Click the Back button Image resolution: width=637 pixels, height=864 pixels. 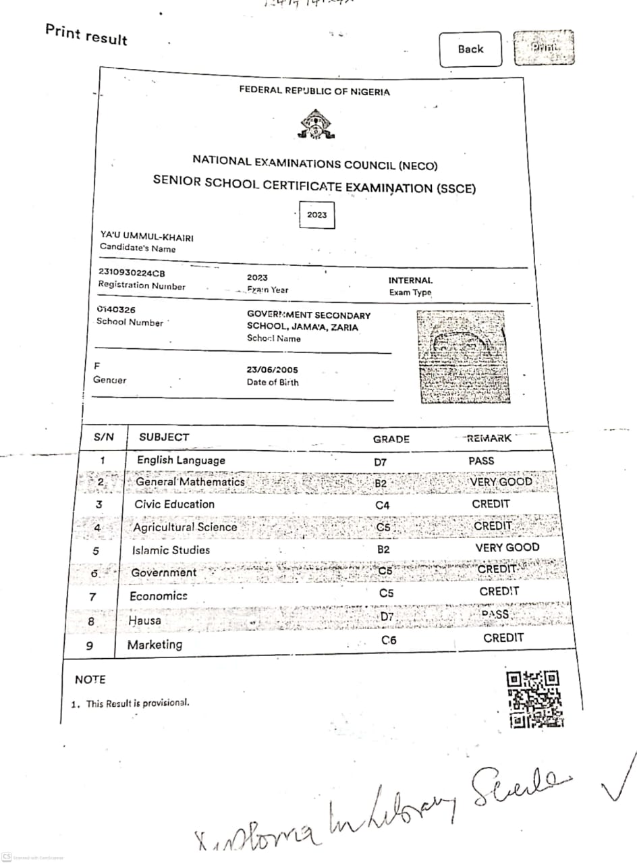click(x=470, y=49)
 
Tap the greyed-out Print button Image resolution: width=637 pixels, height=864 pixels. click(x=544, y=47)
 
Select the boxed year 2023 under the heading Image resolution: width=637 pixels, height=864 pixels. click(x=316, y=215)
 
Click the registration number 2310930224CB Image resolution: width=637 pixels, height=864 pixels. click(x=131, y=273)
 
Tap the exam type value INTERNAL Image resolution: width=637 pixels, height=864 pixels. click(x=410, y=280)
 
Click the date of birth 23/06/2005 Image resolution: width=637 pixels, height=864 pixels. click(x=272, y=370)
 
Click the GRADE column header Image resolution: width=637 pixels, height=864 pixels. click(x=391, y=439)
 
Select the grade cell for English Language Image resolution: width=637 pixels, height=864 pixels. click(x=380, y=462)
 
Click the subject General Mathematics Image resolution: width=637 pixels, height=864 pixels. click(x=190, y=482)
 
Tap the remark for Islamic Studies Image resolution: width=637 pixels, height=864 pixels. click(x=507, y=547)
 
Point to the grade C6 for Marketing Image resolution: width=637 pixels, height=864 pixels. click(x=389, y=641)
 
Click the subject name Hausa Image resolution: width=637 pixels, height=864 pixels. click(x=144, y=620)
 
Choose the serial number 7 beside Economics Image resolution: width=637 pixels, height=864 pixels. click(x=92, y=597)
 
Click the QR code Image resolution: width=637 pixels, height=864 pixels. click(x=535, y=699)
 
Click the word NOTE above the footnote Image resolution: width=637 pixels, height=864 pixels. click(x=90, y=680)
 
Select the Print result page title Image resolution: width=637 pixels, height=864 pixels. click(x=86, y=34)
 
